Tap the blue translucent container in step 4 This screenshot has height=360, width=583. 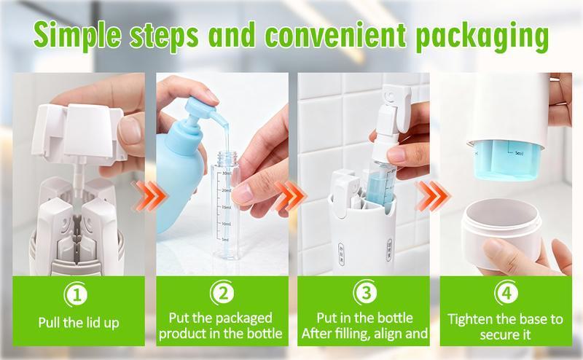pyautogui.click(x=505, y=159)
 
